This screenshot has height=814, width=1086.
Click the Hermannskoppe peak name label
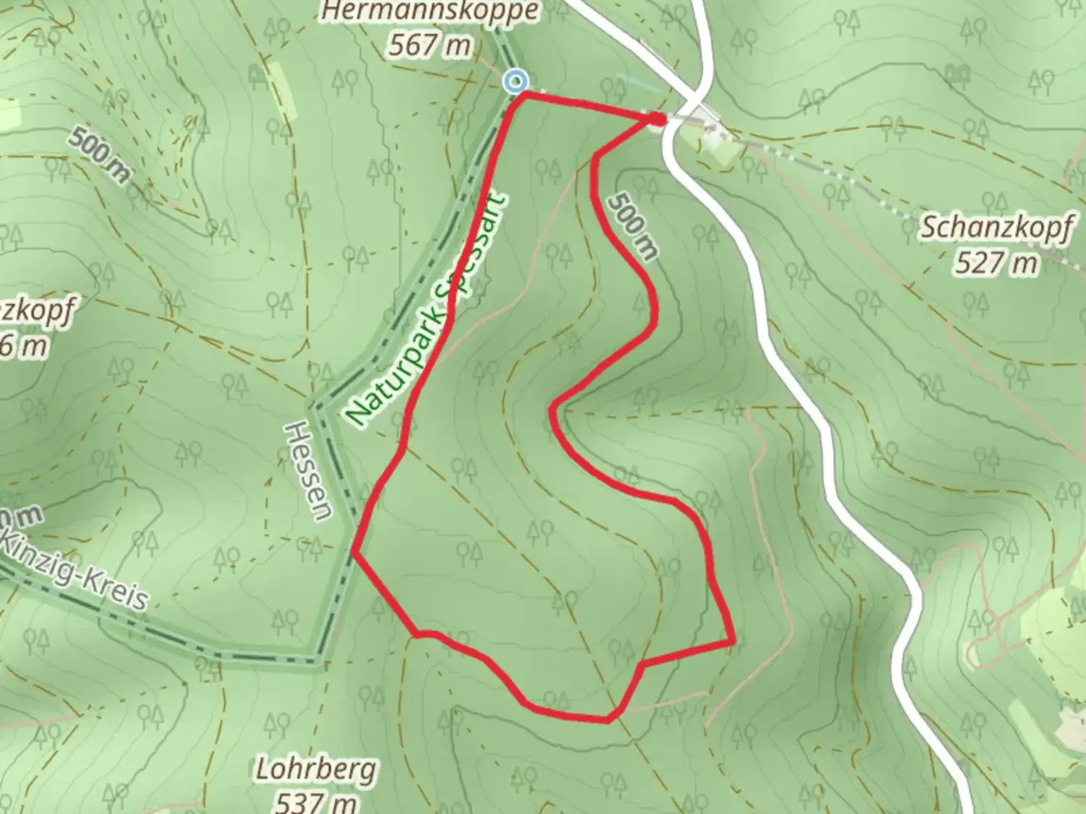431,11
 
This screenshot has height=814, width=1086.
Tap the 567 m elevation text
431,46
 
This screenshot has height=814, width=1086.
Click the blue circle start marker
516,81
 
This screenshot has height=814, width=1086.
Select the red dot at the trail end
658,119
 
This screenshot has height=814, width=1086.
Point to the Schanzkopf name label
995,228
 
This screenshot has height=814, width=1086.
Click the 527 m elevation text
995,262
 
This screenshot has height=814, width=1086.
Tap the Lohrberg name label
315,770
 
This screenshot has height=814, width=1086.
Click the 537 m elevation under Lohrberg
315,802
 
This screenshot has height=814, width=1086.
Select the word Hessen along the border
308,471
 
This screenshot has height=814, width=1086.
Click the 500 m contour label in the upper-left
98,154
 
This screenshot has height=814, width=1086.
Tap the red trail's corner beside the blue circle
525,94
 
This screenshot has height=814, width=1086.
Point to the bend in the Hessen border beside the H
318,408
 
